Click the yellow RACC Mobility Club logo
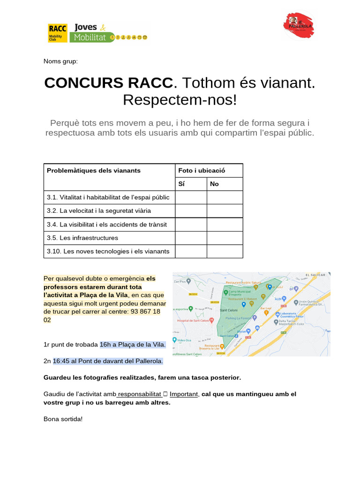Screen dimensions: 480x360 coord(58,32)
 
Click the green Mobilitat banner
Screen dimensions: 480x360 coord(92,37)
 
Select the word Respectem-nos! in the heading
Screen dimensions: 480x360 coord(180,99)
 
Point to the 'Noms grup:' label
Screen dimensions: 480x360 coord(61,61)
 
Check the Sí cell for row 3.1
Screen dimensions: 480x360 coord(191,197)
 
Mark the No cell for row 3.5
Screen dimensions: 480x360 coord(225,238)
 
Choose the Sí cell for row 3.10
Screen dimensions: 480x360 coord(191,251)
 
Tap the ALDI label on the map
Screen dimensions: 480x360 coord(277,298)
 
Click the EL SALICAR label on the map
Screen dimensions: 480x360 coord(315,275)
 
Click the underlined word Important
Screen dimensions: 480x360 coord(183,394)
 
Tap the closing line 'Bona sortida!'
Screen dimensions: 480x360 coord(63,419)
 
